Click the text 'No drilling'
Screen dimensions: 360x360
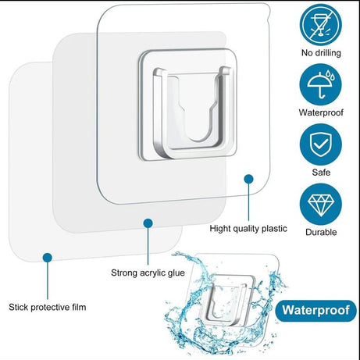pos(320,54)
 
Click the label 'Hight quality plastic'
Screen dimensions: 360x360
pos(248,230)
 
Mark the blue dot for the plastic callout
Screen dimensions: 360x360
pos(248,179)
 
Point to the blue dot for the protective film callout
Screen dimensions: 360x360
pos(48,256)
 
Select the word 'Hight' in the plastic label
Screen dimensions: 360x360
pos(222,230)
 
